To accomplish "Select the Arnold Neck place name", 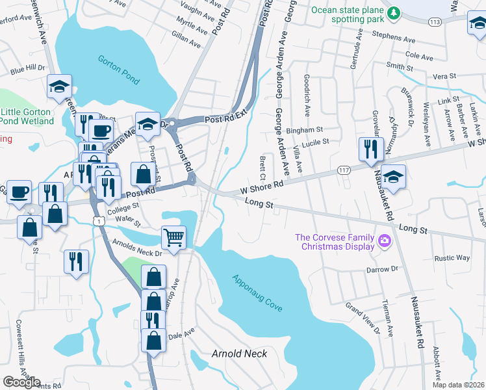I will click(x=240, y=354).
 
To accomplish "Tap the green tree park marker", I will click(x=392, y=12).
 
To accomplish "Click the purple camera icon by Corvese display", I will click(x=385, y=242).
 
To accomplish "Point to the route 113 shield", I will click(x=435, y=22).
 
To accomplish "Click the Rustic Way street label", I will click(x=454, y=258).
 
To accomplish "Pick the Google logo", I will click(x=21, y=382).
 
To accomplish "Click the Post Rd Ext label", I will click(x=227, y=118).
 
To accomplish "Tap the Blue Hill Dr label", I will click(x=27, y=68).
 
